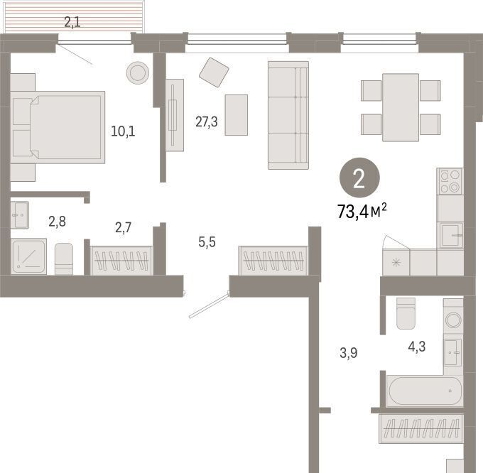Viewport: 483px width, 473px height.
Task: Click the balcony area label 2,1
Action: (72, 22)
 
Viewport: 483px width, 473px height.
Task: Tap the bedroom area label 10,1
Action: (123, 131)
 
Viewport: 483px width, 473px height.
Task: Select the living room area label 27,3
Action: (207, 122)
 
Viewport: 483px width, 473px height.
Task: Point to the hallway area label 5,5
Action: (207, 242)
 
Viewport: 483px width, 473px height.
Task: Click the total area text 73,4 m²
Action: (362, 211)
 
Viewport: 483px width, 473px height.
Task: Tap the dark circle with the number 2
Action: (359, 178)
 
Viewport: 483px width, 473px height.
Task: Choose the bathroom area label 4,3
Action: (417, 347)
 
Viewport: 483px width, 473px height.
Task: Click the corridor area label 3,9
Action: (348, 353)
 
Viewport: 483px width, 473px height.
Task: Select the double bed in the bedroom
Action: (58, 127)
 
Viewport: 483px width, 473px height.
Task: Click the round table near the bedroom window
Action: (138, 73)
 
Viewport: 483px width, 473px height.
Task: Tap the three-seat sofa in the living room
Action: (288, 116)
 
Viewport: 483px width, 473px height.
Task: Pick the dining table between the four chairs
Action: (401, 107)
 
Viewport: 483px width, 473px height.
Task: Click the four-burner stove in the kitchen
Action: (450, 181)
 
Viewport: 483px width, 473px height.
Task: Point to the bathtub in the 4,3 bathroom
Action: (425, 391)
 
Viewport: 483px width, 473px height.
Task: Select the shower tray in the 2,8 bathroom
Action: (29, 256)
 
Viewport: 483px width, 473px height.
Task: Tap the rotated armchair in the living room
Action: (214, 72)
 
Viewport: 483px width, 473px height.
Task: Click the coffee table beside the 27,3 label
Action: (237, 115)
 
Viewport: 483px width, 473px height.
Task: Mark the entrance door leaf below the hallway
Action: (209, 305)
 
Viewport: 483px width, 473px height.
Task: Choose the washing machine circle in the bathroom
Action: (453, 320)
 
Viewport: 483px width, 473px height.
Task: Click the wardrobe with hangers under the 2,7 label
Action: (121, 261)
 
